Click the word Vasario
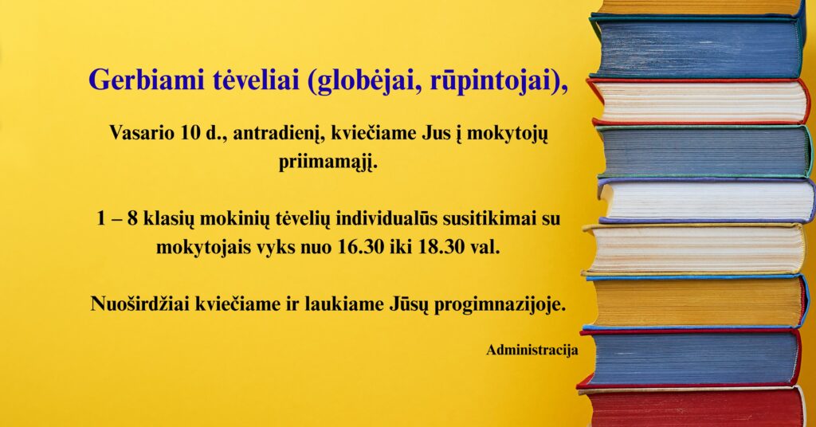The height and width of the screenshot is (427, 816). pos(142,133)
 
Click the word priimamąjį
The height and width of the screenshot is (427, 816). pos(328,163)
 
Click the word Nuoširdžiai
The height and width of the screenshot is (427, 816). pos(140,304)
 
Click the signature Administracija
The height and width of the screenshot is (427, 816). pos(532,350)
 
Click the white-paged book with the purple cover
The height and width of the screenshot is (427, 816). pos(707,200)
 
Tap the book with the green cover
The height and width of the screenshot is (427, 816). pos(704,151)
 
